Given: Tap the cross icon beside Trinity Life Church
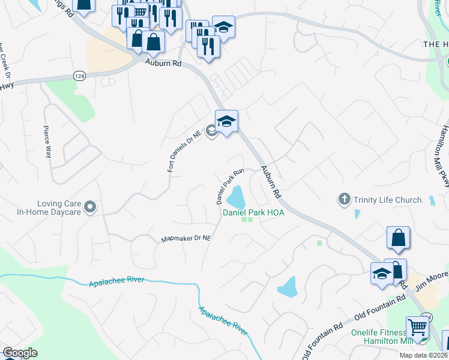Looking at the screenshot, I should tap(345, 199).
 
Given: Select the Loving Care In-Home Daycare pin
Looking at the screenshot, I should tap(91, 208).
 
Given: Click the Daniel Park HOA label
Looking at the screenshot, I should tap(253, 212).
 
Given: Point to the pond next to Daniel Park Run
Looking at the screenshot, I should tap(236, 196).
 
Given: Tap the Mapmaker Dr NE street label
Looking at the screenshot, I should tap(186, 239).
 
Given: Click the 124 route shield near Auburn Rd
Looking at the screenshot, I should tap(79, 75).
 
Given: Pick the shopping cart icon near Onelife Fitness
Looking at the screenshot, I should tap(417, 328).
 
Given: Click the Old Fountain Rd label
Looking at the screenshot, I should tap(374, 313).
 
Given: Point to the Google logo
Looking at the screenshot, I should tap(20, 353).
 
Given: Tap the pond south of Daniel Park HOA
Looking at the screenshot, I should tap(288, 287).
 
